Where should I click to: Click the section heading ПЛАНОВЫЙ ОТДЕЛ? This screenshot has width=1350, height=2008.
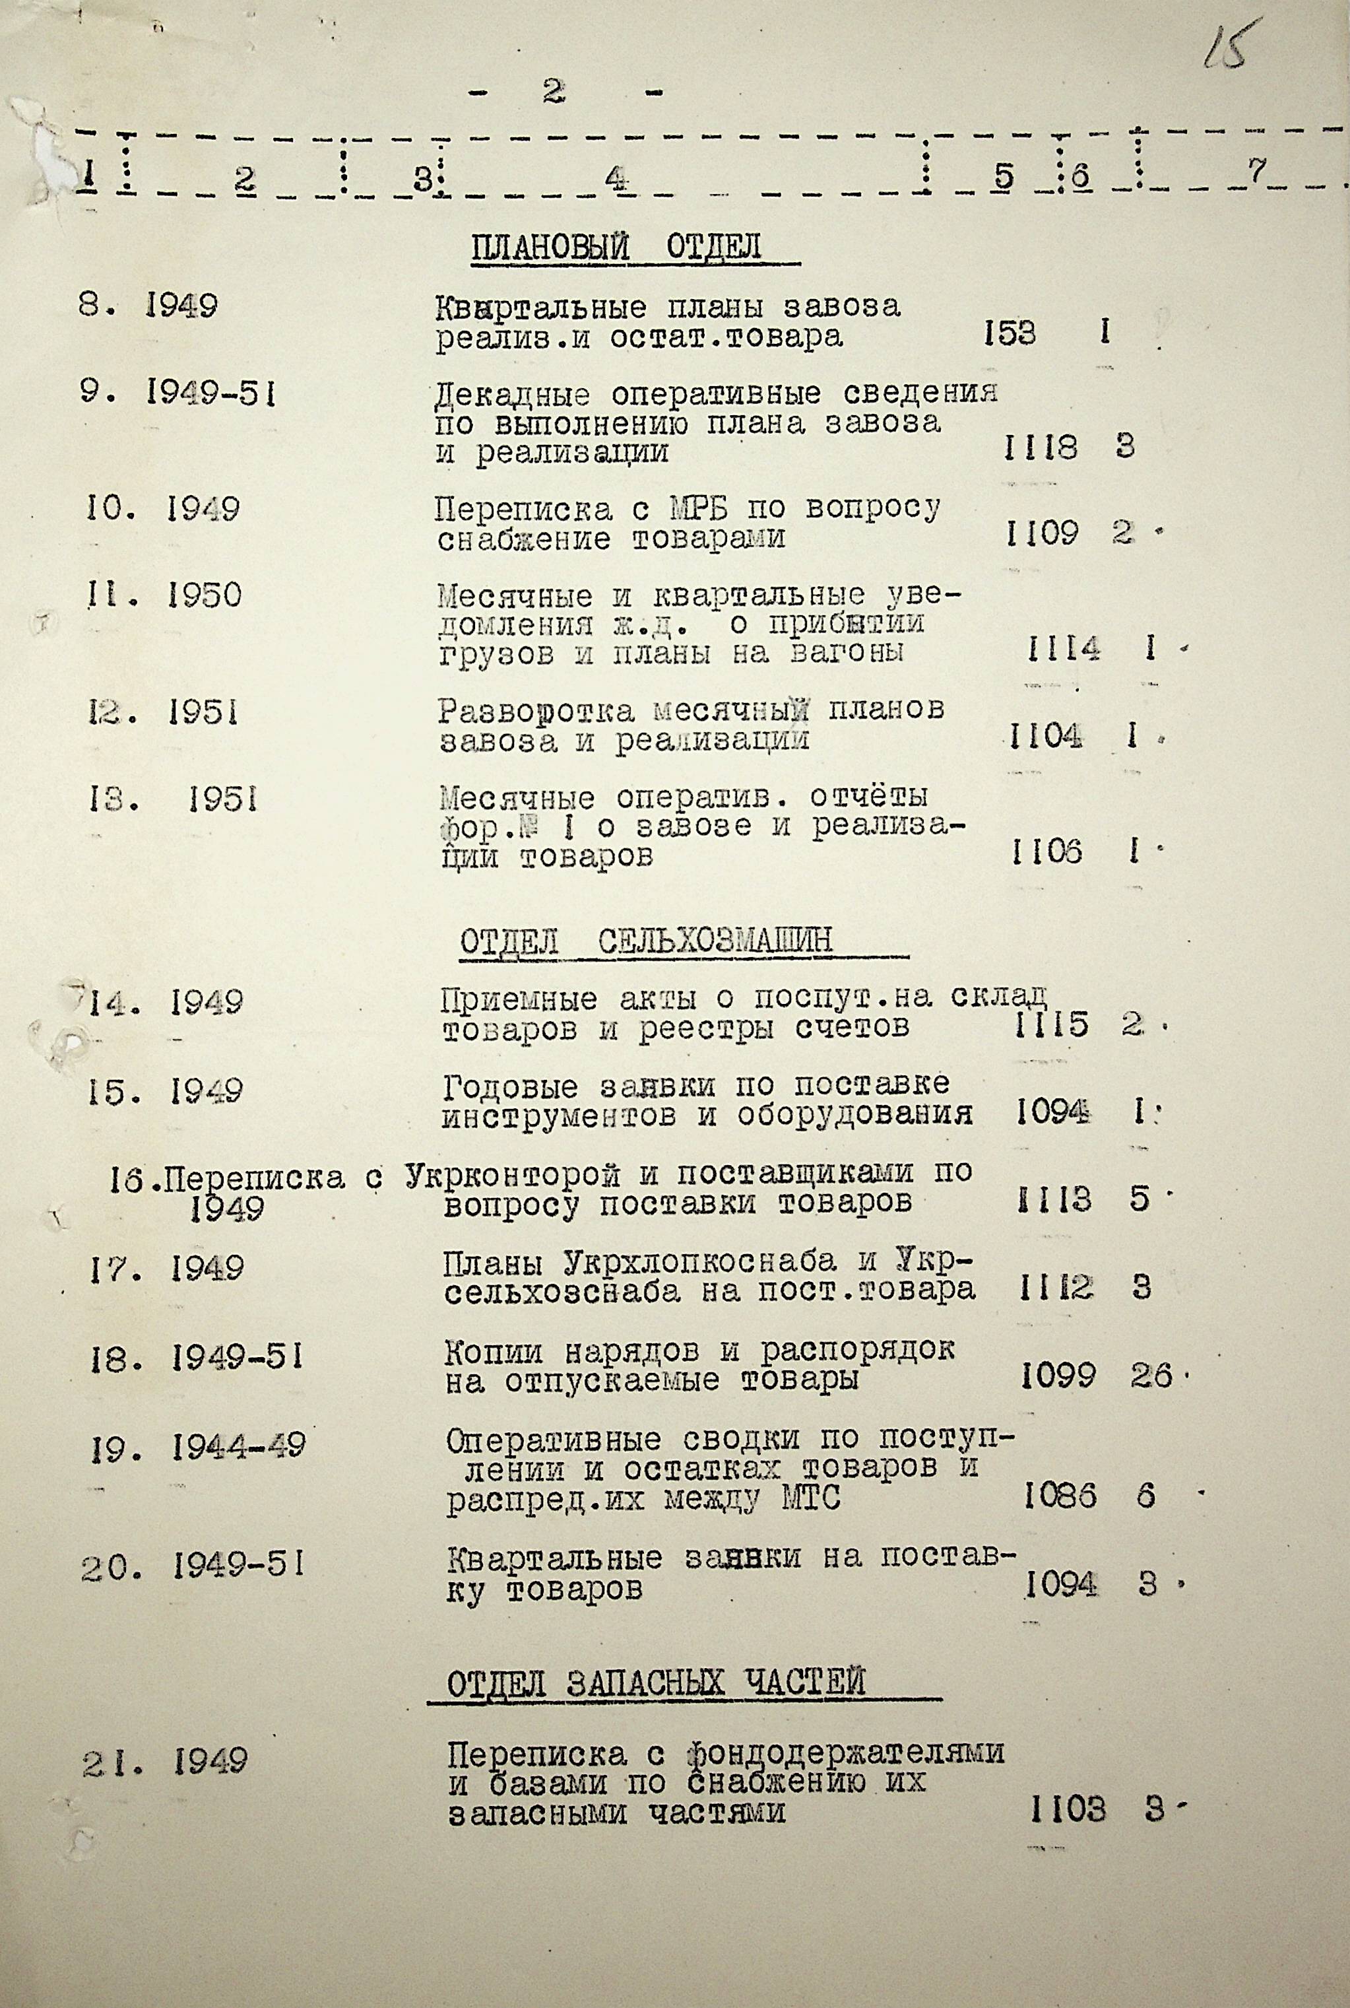616,248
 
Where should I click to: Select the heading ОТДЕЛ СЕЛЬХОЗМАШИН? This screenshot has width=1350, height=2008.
646,941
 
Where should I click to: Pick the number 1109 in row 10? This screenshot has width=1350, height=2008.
1042,534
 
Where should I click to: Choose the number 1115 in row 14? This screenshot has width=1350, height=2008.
1051,1024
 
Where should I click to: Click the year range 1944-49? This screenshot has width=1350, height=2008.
238,1446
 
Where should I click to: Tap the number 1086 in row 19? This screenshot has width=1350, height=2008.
1061,1497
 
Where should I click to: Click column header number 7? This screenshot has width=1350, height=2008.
1257,172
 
